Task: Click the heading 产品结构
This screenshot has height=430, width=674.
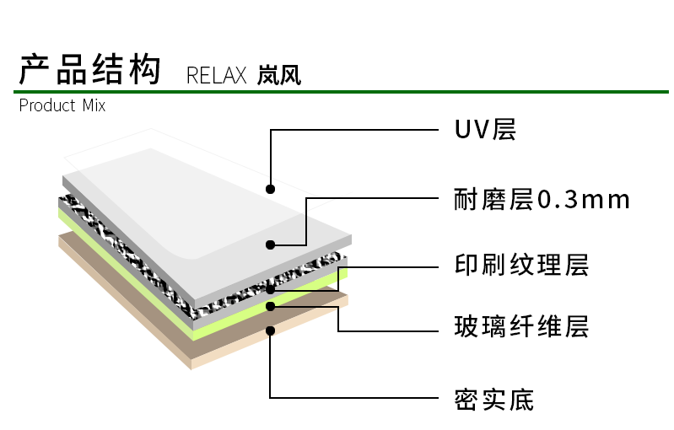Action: (89, 69)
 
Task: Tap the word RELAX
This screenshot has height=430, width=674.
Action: (216, 77)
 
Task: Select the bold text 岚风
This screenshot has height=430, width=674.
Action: (279, 76)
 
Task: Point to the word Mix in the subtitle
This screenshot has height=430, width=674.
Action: (94, 106)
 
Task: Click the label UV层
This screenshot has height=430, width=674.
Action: (485, 130)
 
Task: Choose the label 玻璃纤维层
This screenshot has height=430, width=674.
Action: (520, 326)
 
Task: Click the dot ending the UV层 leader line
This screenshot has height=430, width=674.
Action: (270, 188)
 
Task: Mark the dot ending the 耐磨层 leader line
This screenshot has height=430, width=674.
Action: (270, 245)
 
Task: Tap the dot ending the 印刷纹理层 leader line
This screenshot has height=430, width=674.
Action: (270, 289)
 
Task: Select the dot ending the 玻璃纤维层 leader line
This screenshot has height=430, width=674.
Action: (270, 307)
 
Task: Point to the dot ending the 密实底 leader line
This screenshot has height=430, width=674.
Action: (270, 331)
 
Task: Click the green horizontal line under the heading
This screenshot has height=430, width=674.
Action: (337, 90)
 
